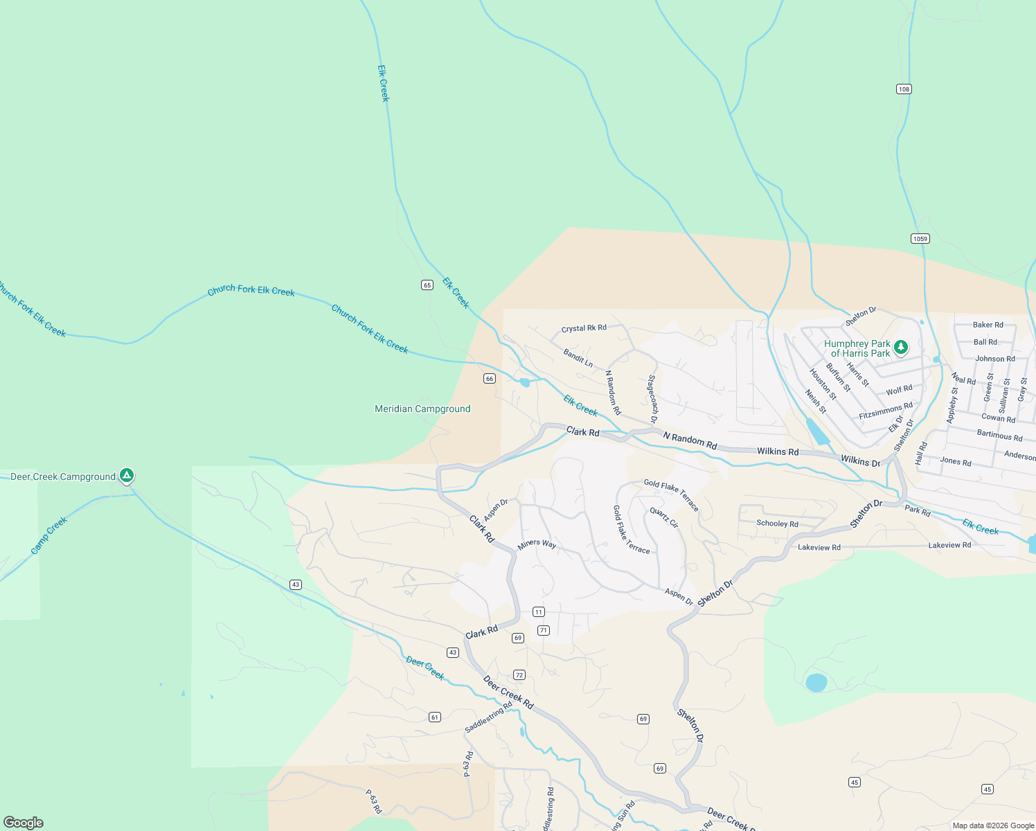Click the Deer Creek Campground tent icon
point(126,476)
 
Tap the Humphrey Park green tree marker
point(900,347)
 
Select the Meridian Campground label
point(422,409)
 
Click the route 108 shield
point(904,89)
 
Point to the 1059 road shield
point(920,239)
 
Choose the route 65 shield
point(427,285)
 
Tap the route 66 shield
point(490,379)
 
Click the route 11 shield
point(539,612)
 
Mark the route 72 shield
point(519,675)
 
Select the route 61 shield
point(435,717)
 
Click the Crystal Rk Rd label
point(584,329)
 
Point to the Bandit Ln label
point(578,358)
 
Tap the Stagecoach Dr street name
point(652,400)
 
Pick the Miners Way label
point(537,544)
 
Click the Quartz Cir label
point(663,518)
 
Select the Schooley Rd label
point(777,524)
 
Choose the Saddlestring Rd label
point(489,717)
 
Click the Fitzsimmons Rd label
point(886,411)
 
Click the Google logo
point(24,823)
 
